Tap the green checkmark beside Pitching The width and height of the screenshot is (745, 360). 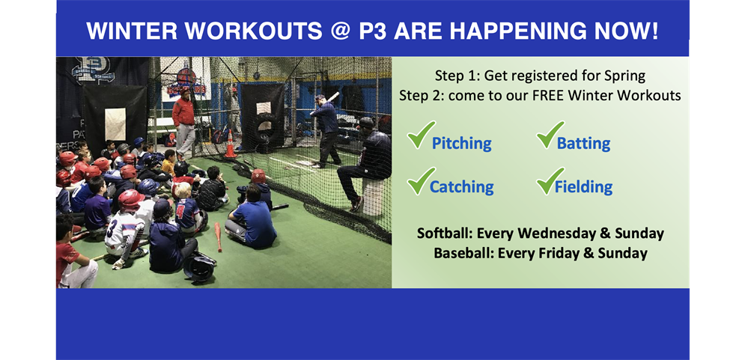click(421, 135)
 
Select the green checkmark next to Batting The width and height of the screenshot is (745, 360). click(550, 135)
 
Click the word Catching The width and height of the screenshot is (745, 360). click(461, 187)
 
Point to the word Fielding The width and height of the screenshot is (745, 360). click(583, 186)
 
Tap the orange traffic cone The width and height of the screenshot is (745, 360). click(231, 144)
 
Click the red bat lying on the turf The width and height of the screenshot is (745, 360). click(218, 237)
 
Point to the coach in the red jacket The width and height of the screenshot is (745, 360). click(183, 122)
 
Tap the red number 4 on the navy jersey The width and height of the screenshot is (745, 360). click(180, 210)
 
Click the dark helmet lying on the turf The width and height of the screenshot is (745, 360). click(199, 267)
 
